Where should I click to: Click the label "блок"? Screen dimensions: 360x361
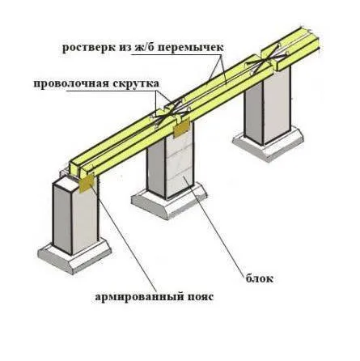tap(259, 278)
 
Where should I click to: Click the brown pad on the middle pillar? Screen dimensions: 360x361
tap(181, 129)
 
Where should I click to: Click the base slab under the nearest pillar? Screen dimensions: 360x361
tap(74, 257)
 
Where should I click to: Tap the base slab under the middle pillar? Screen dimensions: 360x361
tap(169, 201)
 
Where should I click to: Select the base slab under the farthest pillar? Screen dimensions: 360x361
tap(268, 144)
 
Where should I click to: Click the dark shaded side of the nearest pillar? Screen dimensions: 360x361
tap(63, 217)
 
